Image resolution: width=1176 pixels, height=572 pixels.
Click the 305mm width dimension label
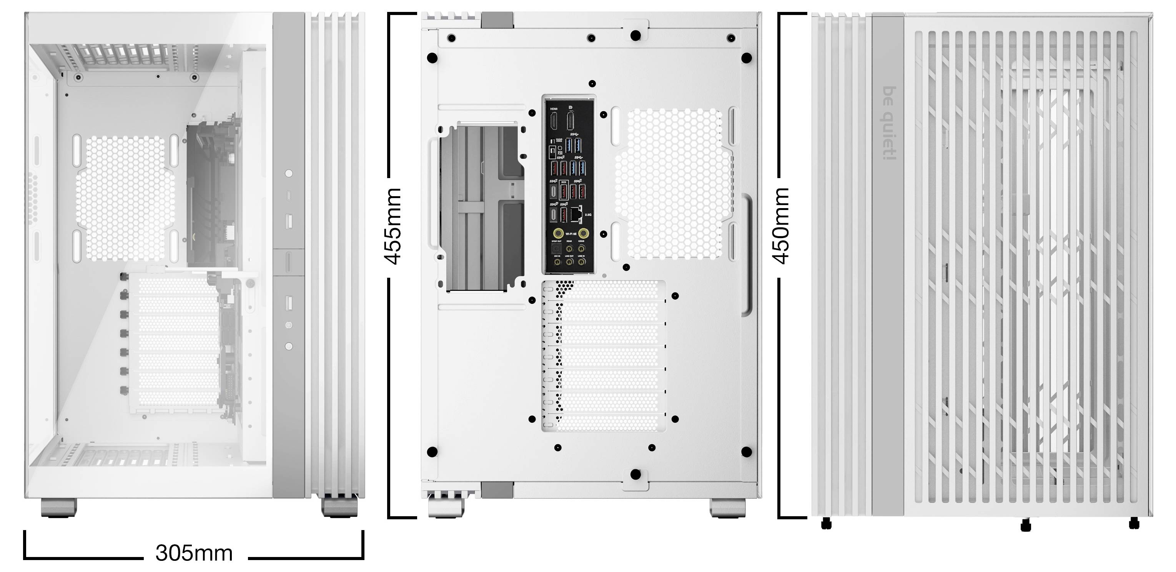click(x=194, y=553)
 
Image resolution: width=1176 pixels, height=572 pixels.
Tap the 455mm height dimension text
click(x=393, y=226)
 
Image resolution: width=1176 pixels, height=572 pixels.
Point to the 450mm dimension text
click(x=781, y=226)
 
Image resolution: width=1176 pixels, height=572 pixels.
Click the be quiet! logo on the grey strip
click(x=888, y=123)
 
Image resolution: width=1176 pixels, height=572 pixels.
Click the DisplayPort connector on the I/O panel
click(x=571, y=121)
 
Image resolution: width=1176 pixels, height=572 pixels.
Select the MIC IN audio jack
click(x=557, y=261)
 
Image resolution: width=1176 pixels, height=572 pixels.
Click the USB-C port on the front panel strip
click(x=288, y=196)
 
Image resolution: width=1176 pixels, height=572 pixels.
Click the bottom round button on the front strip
click(x=288, y=346)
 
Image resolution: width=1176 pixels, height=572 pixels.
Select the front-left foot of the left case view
click(x=58, y=507)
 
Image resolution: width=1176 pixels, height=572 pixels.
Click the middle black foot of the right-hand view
click(x=1025, y=525)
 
